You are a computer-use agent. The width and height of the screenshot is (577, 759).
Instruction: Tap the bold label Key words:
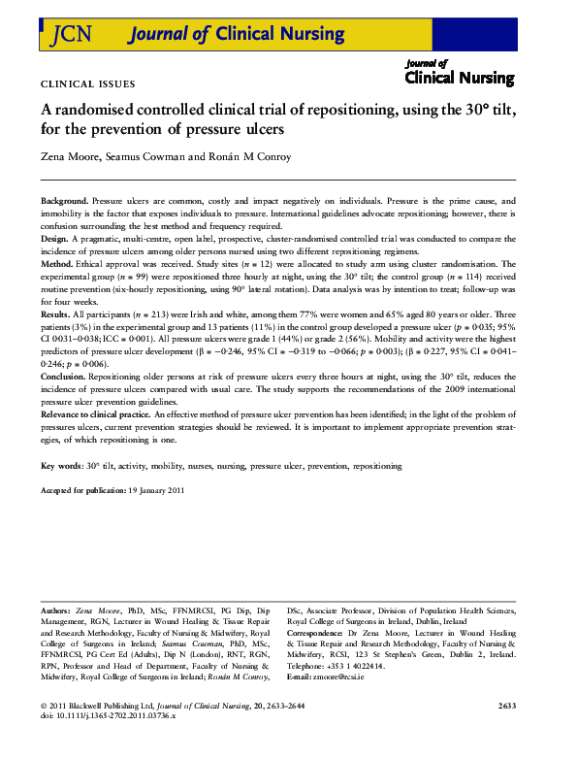61,466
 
